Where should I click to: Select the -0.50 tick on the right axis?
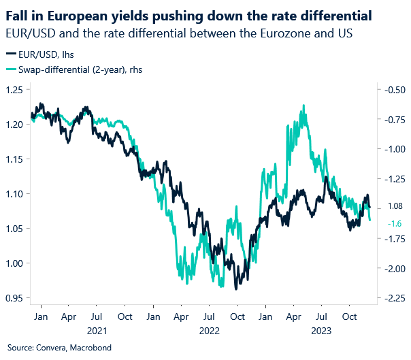394,90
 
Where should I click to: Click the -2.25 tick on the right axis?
394,298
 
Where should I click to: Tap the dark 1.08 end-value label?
393,206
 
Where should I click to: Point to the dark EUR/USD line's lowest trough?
236,289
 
